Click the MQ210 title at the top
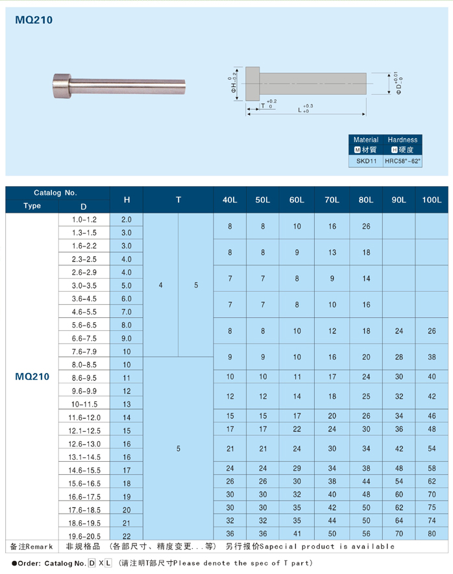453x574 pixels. tap(33, 20)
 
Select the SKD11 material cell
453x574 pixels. tap(366, 160)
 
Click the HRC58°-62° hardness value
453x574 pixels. tap(402, 160)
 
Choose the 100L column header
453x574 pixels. tap(431, 200)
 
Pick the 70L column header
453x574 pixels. tap(332, 200)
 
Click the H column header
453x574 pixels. tap(127, 200)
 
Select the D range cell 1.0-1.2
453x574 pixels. tap(84, 220)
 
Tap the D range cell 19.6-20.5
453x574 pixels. tap(84, 536)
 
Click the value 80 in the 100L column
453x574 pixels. tap(432, 534)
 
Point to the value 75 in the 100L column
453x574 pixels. tap(432, 508)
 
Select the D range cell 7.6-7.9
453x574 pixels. tap(84, 351)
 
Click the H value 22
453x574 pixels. tap(127, 536)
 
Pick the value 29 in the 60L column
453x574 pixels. tap(297, 468)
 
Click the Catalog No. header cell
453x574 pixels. tap(55, 193)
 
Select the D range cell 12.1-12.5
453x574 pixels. tap(84, 431)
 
